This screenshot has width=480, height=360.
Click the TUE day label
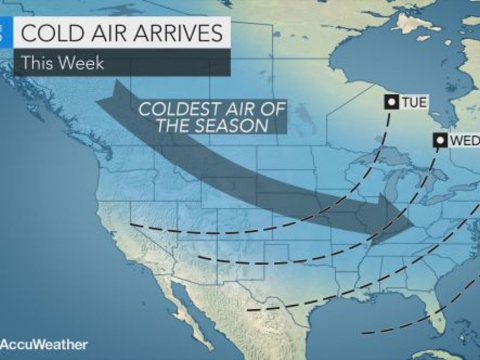click(415, 103)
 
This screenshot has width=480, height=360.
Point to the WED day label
click(461, 141)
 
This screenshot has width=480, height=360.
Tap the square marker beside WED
click(441, 141)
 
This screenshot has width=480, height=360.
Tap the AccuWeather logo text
click(45, 344)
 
